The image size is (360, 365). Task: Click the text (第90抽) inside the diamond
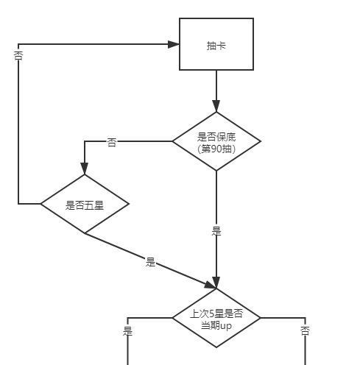coord(216,149)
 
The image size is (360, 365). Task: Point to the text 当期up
coord(216,326)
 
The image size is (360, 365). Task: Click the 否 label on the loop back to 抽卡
coord(18,56)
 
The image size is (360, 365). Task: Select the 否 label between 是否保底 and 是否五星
coord(112,142)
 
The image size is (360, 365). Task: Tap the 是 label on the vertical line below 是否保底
coord(216,231)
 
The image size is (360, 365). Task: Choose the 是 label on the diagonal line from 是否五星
coord(150,262)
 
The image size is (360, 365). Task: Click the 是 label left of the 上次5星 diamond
coord(127,331)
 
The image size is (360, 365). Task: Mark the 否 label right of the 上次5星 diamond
coord(305,331)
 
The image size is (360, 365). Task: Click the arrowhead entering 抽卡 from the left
coord(174,44)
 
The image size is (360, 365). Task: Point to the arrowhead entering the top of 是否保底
coord(216,106)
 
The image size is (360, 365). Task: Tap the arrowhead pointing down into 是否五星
coord(85,169)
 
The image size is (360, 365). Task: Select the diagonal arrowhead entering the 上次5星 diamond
coord(210,286)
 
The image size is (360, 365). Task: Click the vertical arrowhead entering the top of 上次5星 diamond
coord(216,283)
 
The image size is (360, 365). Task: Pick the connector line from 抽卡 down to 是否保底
coord(216,91)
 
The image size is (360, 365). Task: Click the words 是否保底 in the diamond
coord(216,137)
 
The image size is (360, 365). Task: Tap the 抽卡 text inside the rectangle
coord(216,46)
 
